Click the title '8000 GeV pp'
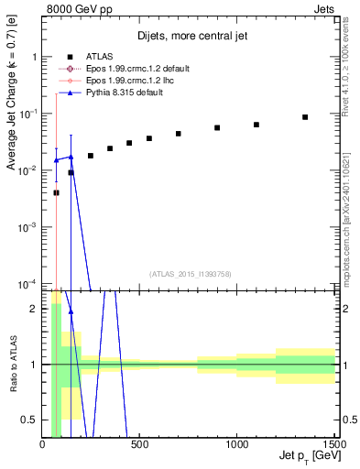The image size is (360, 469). [x=73, y=8]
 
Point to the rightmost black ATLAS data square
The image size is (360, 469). [x=305, y=117]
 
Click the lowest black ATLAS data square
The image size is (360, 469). [x=57, y=192]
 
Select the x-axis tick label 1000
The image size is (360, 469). [x=236, y=444]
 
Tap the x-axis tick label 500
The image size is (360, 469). [x=139, y=444]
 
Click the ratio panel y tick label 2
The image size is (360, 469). [x=34, y=309]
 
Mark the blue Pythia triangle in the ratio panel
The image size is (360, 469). [x=71, y=312]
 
